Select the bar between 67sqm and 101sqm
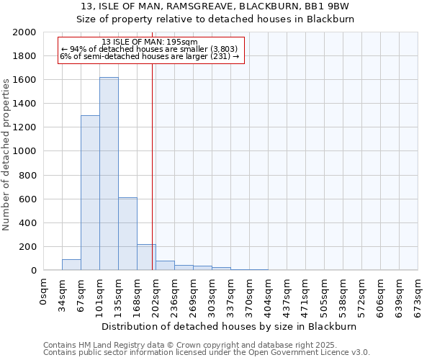pyautogui.click(x=90, y=193)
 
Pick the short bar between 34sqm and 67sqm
pyautogui.click(x=71, y=265)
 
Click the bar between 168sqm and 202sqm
pyautogui.click(x=146, y=257)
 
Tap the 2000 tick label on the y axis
pyautogui.click(x=24, y=32)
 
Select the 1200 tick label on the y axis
pyautogui.click(x=24, y=127)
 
